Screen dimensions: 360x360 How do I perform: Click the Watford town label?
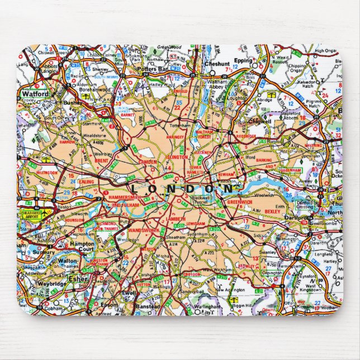[35, 94]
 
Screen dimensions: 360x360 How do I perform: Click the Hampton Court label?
[82, 247]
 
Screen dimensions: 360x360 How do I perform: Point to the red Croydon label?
[192, 275]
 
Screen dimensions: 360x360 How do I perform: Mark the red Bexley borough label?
[273, 212]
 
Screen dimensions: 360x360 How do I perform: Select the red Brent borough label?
[102, 160]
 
